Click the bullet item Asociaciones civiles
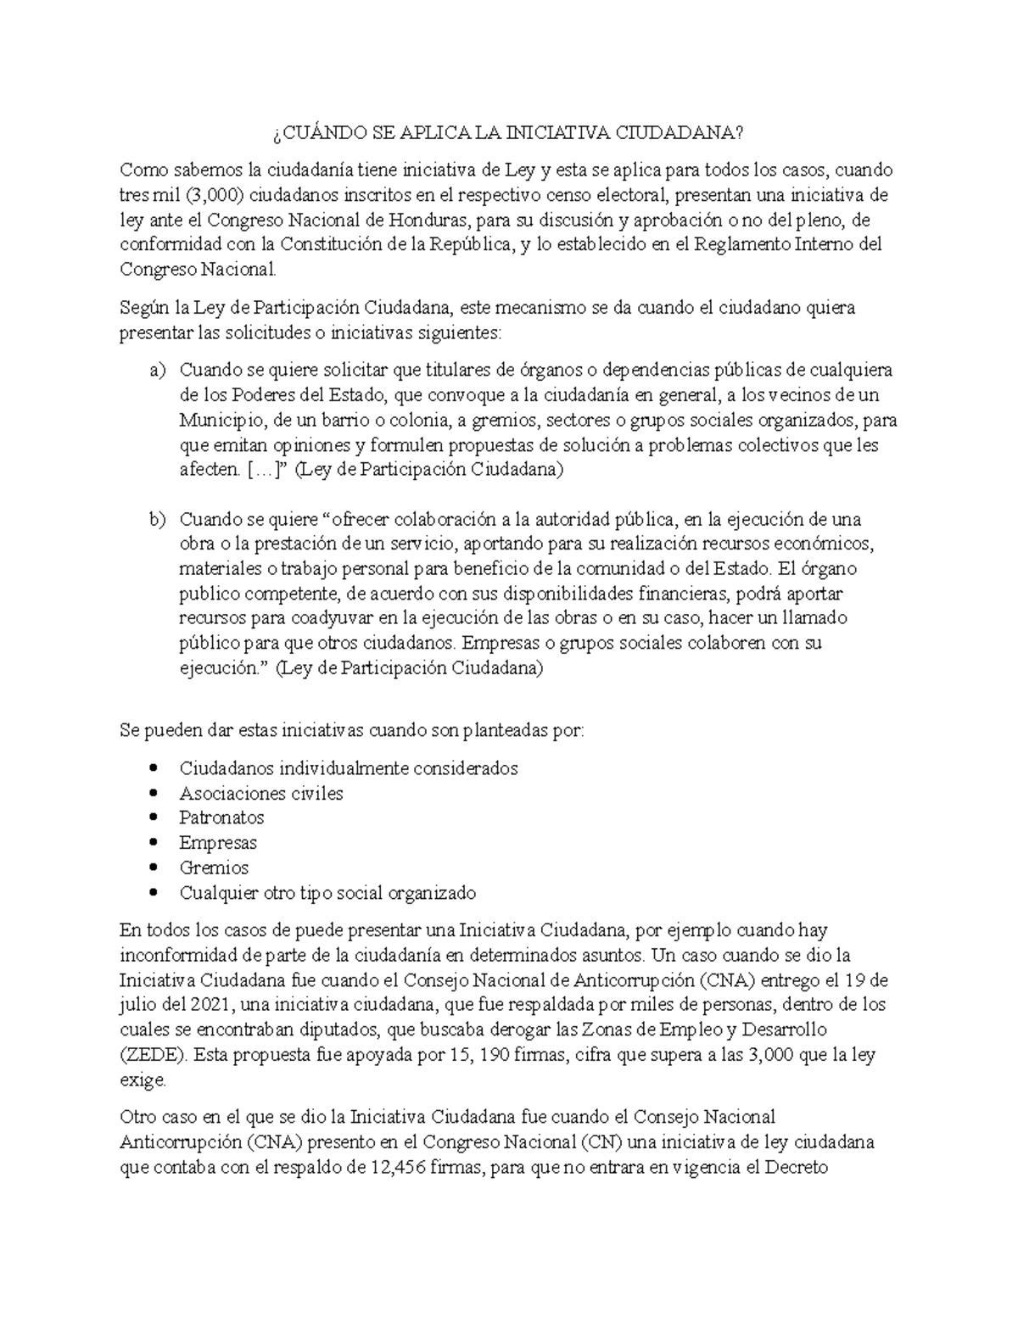click(261, 793)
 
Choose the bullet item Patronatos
click(221, 818)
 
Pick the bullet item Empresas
click(218, 843)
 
